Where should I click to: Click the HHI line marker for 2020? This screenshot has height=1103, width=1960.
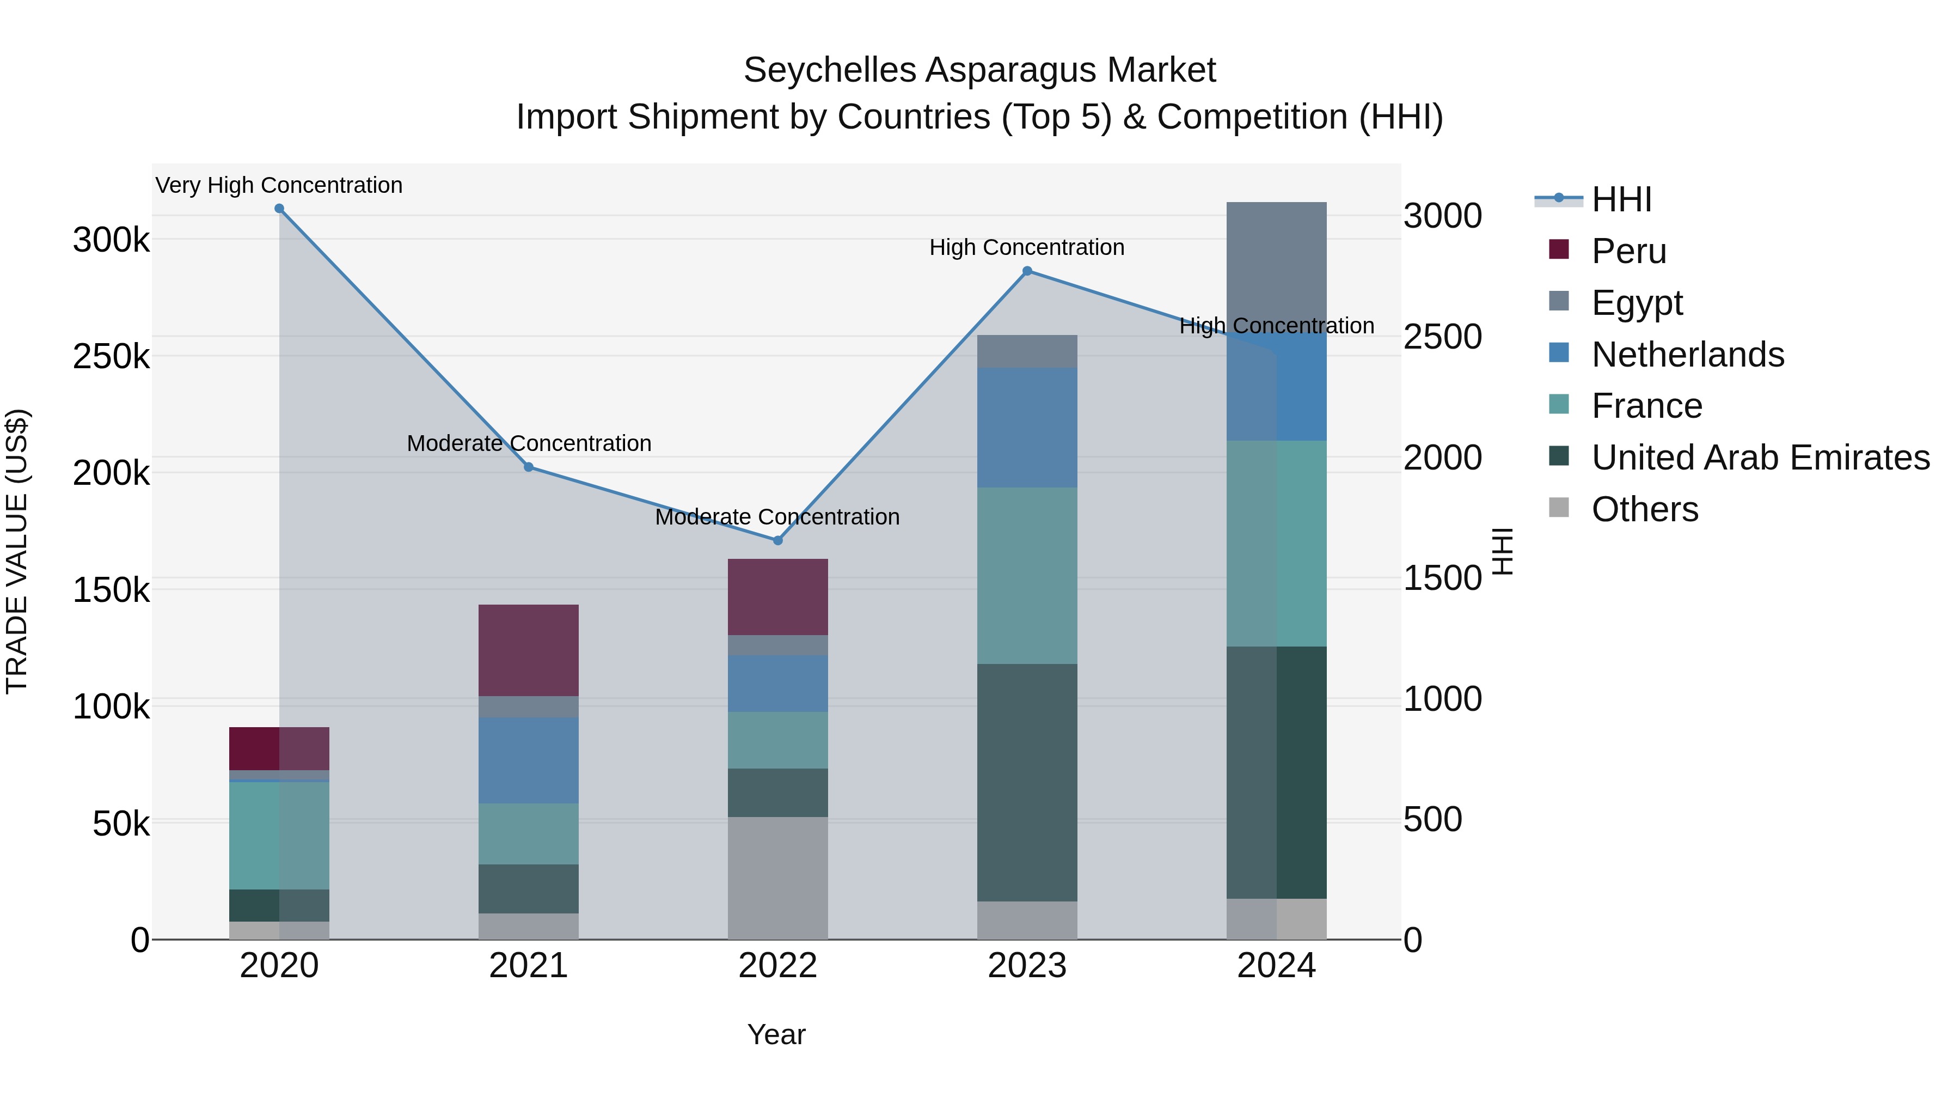[x=279, y=209]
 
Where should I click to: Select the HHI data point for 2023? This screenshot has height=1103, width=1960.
[x=1027, y=271]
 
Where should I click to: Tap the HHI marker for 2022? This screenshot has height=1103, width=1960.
[x=777, y=540]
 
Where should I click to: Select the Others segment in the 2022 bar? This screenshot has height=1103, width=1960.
[x=777, y=877]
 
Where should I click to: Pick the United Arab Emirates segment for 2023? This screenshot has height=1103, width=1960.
[x=1027, y=783]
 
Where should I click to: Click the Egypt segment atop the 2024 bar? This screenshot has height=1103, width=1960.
[x=1277, y=259]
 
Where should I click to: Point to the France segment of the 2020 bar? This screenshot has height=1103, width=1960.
[x=279, y=835]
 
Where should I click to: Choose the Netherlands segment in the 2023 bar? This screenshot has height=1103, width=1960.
[x=1027, y=428]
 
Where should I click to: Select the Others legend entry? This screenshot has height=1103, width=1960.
[x=1644, y=509]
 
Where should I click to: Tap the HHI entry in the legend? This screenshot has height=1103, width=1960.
[x=1621, y=199]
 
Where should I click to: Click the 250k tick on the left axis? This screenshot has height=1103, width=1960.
[x=111, y=356]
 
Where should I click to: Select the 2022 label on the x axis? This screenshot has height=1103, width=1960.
[x=777, y=966]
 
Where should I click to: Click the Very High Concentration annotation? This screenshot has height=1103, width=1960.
[x=279, y=185]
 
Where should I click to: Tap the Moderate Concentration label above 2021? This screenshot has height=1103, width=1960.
[x=529, y=443]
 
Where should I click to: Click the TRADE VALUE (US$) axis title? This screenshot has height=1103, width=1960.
[x=17, y=551]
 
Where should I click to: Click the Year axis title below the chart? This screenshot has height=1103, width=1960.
[x=776, y=1034]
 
